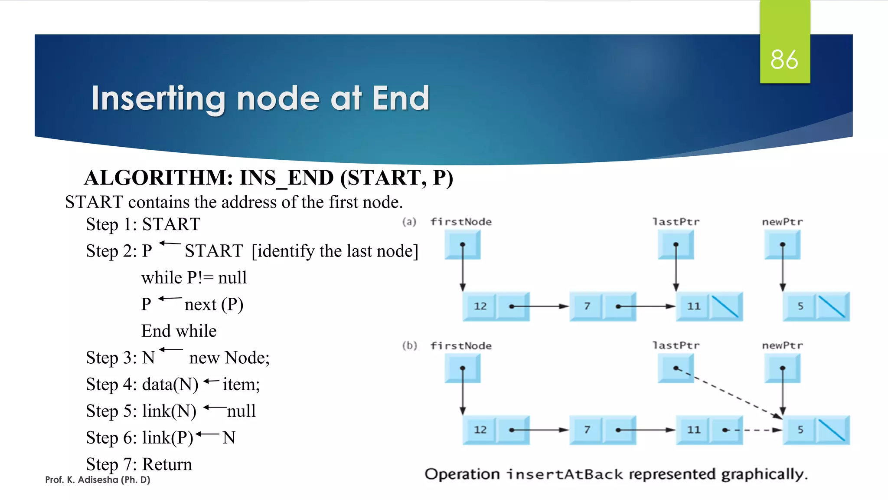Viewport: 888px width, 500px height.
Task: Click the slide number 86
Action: [x=784, y=59]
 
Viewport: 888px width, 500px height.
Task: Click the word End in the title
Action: [x=401, y=99]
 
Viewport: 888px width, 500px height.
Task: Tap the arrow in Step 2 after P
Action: [x=170, y=243]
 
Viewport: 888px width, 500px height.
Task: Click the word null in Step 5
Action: [x=242, y=411]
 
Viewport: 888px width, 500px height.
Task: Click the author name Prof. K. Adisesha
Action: [x=98, y=480]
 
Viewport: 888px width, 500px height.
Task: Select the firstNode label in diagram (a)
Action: [x=461, y=222]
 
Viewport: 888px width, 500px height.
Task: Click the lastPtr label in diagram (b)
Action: [x=676, y=345]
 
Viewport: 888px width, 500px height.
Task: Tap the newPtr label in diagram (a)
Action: [x=782, y=222]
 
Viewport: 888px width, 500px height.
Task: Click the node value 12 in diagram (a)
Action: [x=480, y=306]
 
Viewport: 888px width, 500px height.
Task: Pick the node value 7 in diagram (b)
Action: [x=587, y=430]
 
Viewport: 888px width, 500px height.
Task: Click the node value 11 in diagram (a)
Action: [x=693, y=306]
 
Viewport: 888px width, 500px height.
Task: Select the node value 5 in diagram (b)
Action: [x=800, y=430]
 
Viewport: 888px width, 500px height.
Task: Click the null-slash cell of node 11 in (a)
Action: [x=725, y=306]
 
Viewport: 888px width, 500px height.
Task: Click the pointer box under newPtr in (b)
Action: [x=782, y=368]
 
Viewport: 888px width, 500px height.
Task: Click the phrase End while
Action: [x=179, y=331]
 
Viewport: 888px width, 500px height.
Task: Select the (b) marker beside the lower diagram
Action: [x=409, y=345]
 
